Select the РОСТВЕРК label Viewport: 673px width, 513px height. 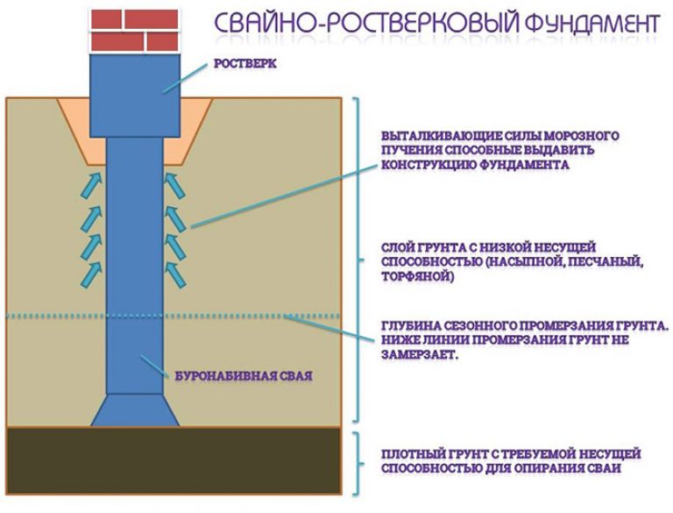point(245,64)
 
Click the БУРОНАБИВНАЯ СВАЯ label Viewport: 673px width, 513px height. point(244,376)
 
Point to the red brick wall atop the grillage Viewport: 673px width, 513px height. point(134,31)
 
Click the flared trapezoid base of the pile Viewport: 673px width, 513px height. point(135,410)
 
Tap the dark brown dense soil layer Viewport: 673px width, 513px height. point(174,460)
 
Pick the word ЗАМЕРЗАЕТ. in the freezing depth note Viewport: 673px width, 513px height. point(418,354)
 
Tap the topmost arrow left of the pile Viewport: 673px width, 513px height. point(91,185)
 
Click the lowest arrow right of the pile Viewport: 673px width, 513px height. point(175,274)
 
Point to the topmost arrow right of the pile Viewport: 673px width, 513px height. point(175,185)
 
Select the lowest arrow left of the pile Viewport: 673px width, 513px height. point(91,274)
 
